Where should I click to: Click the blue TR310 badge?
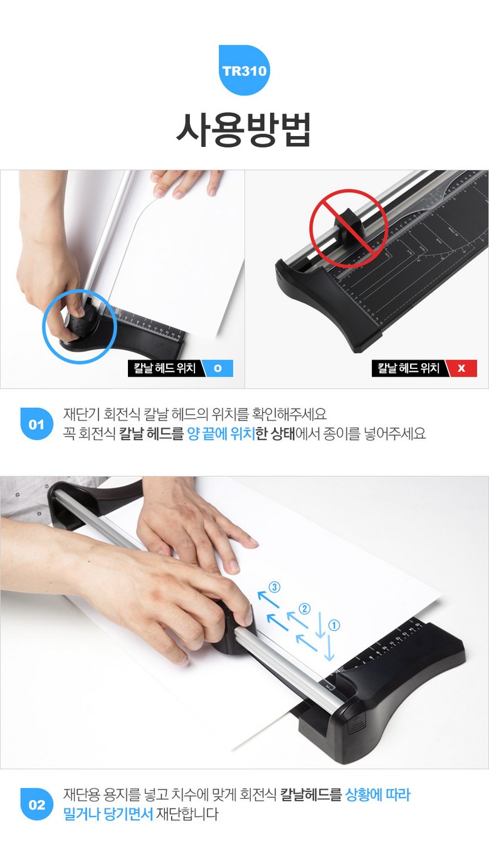[x=244, y=70]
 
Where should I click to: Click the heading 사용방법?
[x=244, y=129]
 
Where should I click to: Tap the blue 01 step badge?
[x=36, y=424]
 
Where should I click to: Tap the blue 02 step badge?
[x=36, y=804]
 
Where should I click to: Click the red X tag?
[x=462, y=368]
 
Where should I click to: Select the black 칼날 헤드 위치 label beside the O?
[x=165, y=368]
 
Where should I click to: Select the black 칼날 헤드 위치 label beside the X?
[x=409, y=368]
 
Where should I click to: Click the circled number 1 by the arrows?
[x=334, y=625]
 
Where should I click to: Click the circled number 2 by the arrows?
[x=304, y=609]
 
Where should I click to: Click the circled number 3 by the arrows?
[x=274, y=587]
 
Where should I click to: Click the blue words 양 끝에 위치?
[x=221, y=434]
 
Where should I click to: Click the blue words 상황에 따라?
[x=377, y=795]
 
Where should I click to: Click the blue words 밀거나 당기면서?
[x=108, y=814]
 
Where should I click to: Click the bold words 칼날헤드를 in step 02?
[x=311, y=795]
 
